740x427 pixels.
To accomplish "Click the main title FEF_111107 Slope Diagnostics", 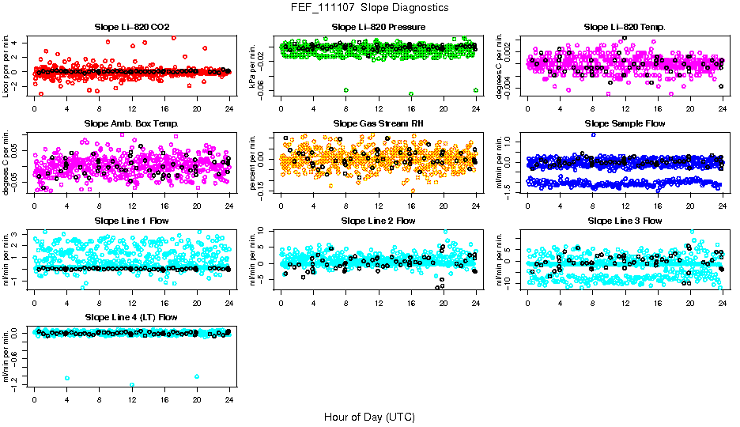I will pos(369,7).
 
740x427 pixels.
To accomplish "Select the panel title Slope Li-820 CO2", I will pos(130,28).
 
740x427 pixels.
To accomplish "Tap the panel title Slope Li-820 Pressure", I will pos(378,28).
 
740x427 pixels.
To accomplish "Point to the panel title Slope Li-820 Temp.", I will pos(625,28).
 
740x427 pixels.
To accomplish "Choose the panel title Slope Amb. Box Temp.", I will pos(130,124).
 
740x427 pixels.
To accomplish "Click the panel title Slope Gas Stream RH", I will pos(378,124).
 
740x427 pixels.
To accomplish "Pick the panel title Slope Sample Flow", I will pos(625,124).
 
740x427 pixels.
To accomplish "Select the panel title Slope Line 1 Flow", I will pos(130,221).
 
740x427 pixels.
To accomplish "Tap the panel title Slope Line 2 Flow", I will pos(378,221).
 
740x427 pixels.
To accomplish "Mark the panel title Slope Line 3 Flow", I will pos(625,221).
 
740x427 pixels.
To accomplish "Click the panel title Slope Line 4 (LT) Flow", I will pos(130,317).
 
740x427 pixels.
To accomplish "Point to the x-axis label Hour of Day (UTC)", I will pos(369,417).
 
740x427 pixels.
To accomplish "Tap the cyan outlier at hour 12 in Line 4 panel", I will pos(131,385).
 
